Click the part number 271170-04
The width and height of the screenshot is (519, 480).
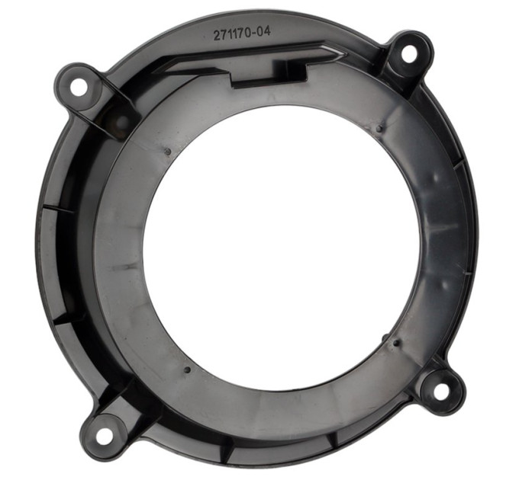(x=242, y=33)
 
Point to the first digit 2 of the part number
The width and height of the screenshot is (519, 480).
(x=217, y=35)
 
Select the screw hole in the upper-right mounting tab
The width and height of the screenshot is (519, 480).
(x=409, y=54)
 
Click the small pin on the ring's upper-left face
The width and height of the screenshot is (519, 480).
(x=168, y=152)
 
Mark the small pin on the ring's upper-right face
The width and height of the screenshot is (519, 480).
(x=379, y=128)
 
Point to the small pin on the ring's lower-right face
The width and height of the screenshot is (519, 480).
(x=395, y=344)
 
